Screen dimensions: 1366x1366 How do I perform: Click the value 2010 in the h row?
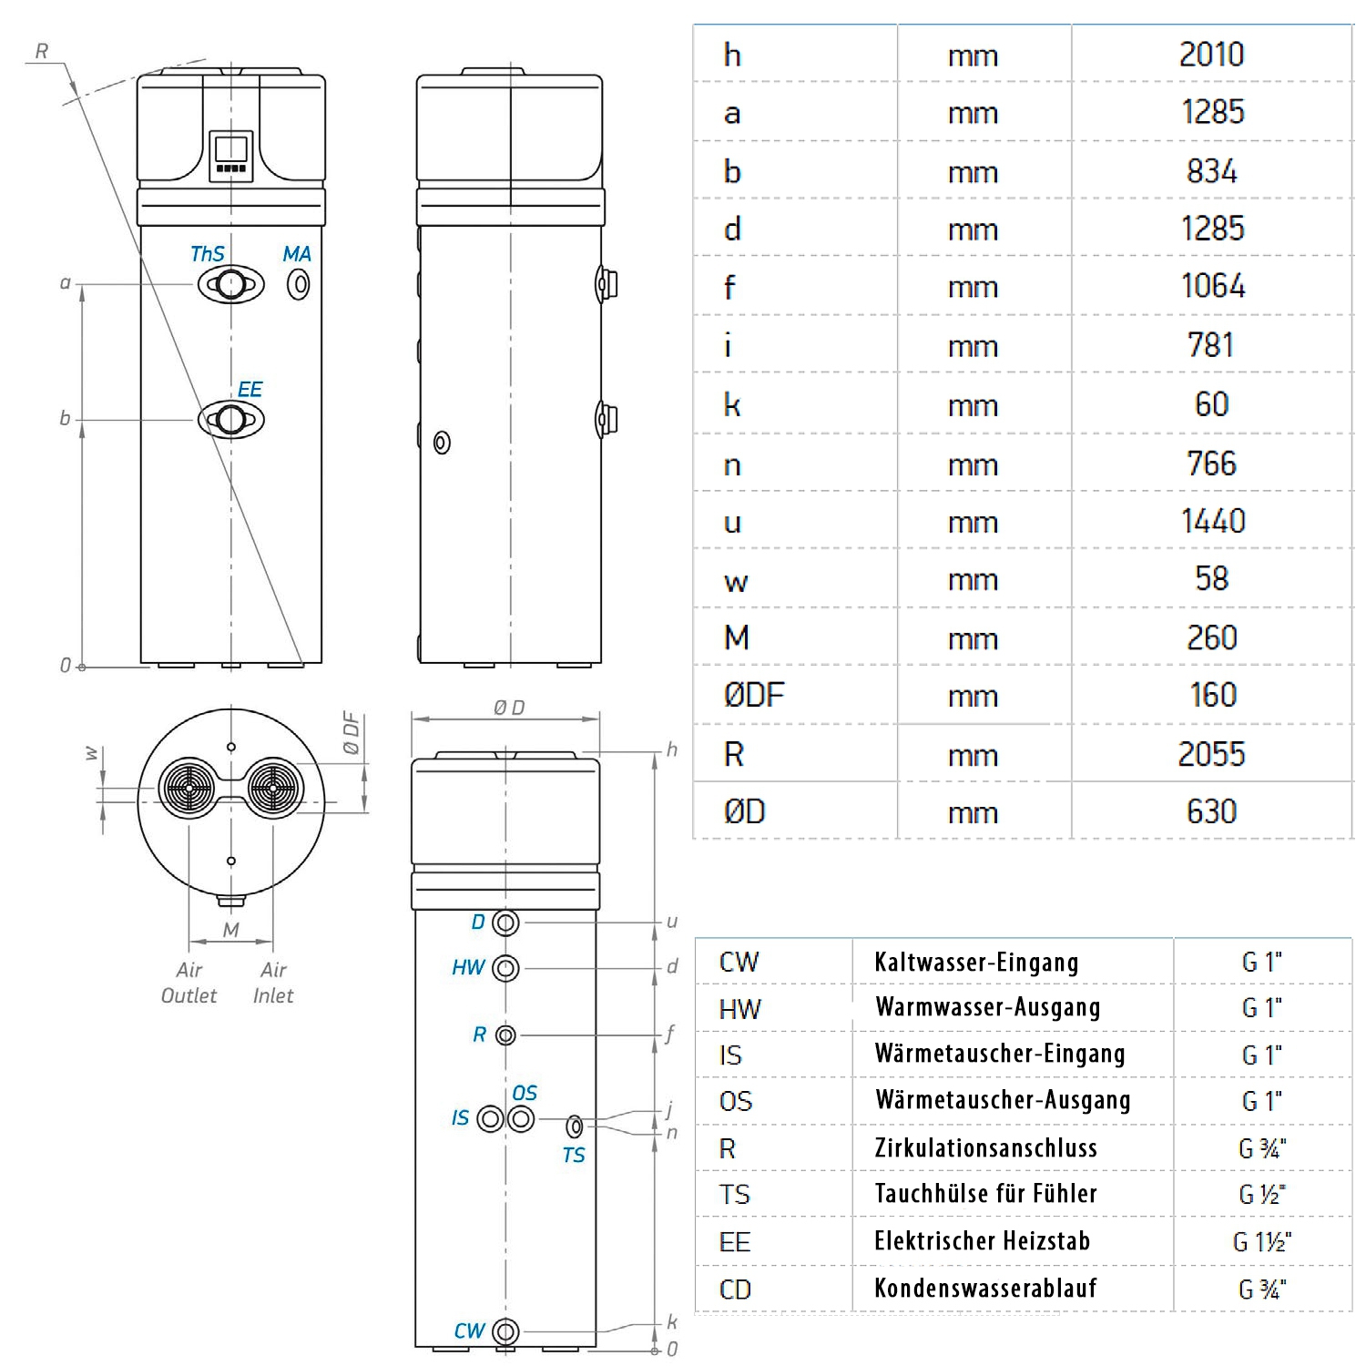point(1211,55)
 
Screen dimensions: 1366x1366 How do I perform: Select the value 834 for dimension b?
point(1211,171)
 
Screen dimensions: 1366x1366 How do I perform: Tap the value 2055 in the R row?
point(1211,754)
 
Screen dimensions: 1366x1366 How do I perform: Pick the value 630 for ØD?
point(1211,811)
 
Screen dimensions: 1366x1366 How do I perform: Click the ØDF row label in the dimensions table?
point(753,696)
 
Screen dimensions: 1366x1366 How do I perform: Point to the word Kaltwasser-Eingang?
point(976,963)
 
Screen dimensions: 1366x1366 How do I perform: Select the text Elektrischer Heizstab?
point(982,1241)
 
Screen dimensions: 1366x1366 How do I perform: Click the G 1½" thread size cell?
point(1262,1242)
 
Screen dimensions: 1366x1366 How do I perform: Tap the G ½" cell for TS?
point(1262,1195)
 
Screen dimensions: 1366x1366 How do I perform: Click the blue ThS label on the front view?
point(207,254)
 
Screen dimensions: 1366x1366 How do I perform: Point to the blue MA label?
point(297,254)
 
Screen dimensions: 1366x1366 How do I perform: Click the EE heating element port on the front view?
point(230,420)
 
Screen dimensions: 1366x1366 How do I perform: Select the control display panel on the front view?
point(230,156)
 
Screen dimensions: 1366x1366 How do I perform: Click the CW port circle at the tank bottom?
point(505,1331)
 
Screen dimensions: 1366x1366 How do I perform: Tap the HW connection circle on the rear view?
point(505,968)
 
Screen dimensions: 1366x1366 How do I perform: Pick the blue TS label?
point(573,1156)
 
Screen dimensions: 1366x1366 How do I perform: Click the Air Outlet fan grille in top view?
point(188,789)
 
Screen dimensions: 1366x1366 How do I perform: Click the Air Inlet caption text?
point(273,983)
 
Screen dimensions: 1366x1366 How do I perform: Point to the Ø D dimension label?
point(509,708)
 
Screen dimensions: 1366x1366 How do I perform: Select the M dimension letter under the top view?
point(231,930)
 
